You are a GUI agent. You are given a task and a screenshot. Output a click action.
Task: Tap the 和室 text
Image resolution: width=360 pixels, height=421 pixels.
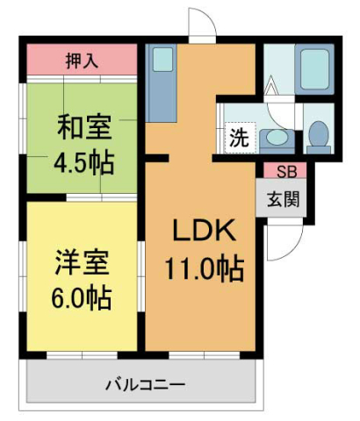84,127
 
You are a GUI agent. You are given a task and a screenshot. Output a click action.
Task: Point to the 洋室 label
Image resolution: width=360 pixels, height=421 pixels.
81,263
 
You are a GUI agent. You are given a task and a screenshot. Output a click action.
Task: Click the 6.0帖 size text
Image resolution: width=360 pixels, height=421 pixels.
81,296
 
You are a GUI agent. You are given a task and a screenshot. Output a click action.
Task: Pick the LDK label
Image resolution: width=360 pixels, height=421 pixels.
203,232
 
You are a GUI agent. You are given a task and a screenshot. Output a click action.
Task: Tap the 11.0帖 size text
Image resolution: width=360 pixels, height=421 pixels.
203,266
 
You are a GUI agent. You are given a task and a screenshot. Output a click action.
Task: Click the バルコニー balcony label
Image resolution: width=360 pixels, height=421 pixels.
145,383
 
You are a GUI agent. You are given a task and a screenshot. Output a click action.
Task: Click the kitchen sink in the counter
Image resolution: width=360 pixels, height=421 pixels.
162,60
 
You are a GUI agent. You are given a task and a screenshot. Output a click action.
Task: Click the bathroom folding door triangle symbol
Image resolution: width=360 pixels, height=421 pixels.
273,89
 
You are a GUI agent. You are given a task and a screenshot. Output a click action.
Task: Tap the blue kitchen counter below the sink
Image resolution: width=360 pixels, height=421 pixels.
162,97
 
